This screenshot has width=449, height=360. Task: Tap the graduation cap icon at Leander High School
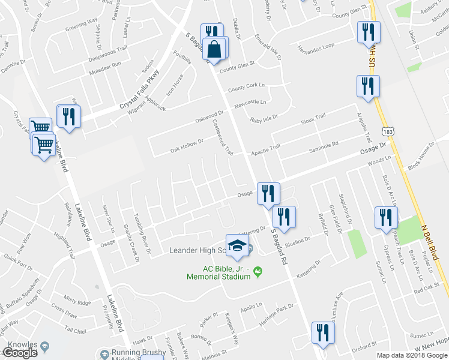237,245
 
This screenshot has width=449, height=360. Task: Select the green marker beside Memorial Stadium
259,272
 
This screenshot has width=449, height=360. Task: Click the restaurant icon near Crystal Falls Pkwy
68,116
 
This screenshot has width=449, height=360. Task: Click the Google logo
20,353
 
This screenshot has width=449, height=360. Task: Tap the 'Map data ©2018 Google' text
411,355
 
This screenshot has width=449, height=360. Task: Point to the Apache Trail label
265,148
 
